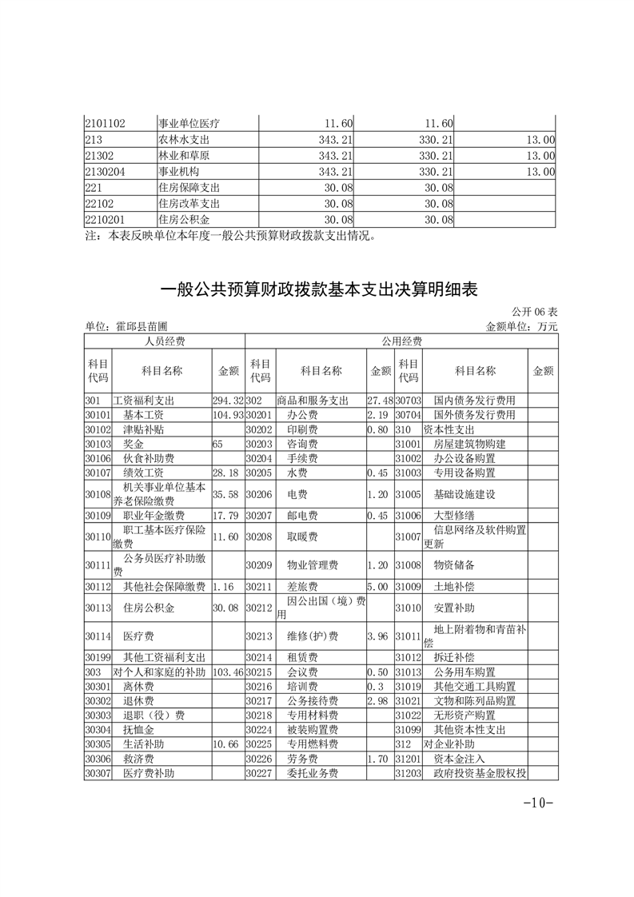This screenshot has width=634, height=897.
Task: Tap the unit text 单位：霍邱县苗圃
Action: click(126, 326)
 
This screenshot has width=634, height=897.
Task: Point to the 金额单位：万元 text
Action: click(521, 326)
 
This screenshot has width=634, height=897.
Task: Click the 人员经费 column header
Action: click(164, 341)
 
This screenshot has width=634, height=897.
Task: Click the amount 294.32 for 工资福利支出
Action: click(228, 400)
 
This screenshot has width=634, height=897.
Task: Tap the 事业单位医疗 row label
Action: click(189, 123)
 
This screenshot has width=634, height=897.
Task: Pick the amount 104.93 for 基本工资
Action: click(228, 415)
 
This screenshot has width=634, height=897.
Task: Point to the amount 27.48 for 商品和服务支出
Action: click(380, 400)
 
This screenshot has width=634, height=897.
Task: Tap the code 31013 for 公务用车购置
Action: click(408, 672)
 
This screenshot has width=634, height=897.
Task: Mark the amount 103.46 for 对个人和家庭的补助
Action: click(228, 672)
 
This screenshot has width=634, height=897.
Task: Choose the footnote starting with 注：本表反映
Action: click(229, 236)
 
